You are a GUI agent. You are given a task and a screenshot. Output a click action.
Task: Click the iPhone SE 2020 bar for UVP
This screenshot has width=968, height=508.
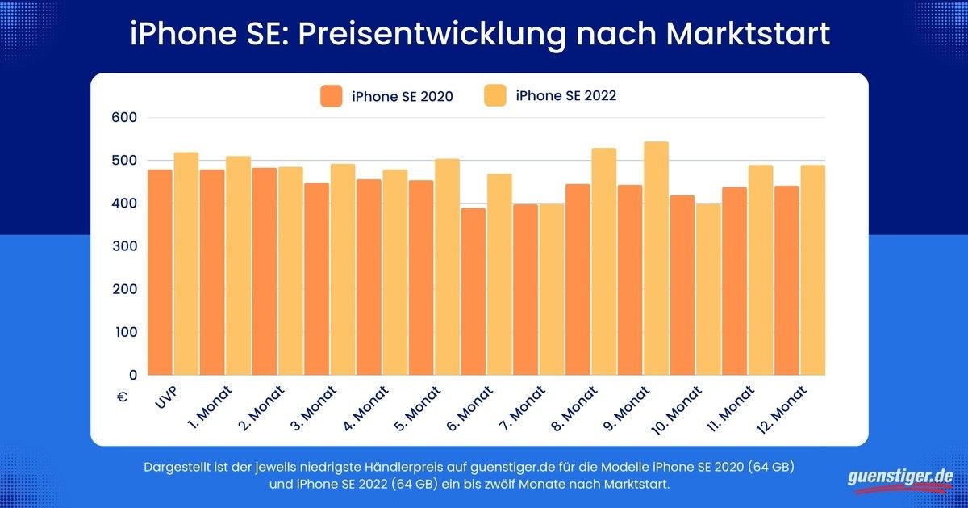coord(160,272)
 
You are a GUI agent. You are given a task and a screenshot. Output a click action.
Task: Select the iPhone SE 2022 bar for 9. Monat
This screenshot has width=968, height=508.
coord(656,258)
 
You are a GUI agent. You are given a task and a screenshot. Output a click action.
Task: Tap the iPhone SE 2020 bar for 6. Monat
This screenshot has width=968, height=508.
coord(473,292)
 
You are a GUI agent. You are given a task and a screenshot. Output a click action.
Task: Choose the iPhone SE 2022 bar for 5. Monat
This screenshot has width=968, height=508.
coord(447,267)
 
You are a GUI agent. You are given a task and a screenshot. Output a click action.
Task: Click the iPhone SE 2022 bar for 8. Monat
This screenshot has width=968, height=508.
coord(603,262)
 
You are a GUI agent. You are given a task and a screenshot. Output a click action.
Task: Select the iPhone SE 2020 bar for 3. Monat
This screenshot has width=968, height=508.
coord(316,279)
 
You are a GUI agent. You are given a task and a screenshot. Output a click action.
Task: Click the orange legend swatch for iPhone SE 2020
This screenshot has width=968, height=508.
coord(332,95)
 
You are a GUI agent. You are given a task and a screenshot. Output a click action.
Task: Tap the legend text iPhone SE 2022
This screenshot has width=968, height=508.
coord(566,96)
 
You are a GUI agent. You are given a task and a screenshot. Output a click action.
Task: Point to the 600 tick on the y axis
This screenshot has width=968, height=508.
coord(125,118)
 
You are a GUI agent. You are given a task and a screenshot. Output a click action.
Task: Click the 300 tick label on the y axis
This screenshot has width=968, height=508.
coord(125,246)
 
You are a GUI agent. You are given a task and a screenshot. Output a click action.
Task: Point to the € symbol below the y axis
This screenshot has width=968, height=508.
coord(122,397)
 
